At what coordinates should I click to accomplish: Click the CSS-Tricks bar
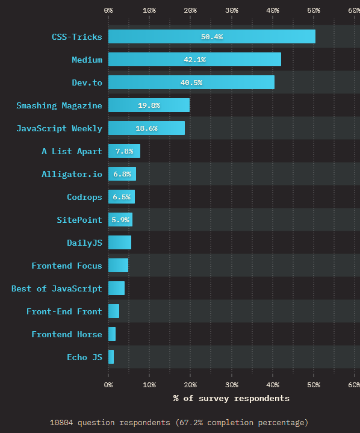(211, 37)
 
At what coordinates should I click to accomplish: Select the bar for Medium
(194, 60)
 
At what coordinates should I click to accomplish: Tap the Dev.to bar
(191, 83)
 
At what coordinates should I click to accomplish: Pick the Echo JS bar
(111, 357)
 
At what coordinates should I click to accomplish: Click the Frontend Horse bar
(112, 334)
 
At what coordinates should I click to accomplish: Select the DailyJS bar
(119, 243)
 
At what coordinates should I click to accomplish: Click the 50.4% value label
(212, 37)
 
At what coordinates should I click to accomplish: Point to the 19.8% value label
(149, 105)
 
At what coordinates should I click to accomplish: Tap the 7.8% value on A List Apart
(123, 151)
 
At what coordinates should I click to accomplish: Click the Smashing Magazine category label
(59, 105)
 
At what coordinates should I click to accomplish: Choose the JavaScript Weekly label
(59, 128)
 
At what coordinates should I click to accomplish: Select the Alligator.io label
(72, 174)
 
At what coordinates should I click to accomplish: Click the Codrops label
(84, 197)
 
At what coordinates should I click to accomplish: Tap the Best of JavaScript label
(57, 288)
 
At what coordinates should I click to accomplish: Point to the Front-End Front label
(64, 311)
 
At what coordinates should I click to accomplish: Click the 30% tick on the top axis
(231, 10)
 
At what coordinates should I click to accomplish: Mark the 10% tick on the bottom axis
(149, 384)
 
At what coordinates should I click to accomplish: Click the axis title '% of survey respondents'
(231, 398)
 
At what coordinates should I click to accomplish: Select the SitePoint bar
(120, 220)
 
